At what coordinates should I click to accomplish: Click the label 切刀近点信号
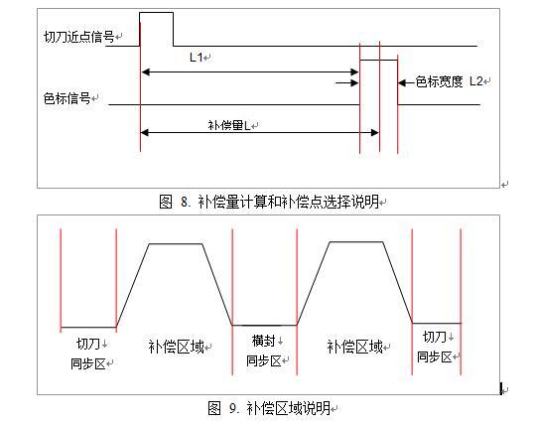tap(78, 37)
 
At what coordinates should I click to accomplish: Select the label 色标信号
tap(67, 98)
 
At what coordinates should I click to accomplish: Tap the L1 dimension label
tap(197, 58)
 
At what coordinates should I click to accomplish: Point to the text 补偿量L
tap(229, 126)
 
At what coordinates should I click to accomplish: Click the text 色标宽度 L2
tap(450, 81)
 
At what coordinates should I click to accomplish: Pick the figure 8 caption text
tap(269, 202)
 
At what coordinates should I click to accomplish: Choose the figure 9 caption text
tap(269, 408)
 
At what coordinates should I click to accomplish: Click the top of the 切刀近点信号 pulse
tap(157, 13)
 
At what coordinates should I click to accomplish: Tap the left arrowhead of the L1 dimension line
tap(145, 72)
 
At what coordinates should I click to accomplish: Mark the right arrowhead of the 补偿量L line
tap(374, 133)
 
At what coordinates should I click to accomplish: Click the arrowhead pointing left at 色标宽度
tap(402, 82)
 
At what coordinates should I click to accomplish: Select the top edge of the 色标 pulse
tap(379, 61)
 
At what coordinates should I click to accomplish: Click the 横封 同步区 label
tap(264, 351)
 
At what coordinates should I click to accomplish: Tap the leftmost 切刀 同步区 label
tap(88, 354)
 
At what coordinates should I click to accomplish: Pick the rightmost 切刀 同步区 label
tap(435, 347)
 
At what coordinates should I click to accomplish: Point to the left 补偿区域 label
tap(176, 347)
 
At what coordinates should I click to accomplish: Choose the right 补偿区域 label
tap(354, 347)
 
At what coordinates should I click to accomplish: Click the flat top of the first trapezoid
tap(176, 243)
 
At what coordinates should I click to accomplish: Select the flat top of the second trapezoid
tap(356, 242)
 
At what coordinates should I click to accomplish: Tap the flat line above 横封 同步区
tap(264, 325)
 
